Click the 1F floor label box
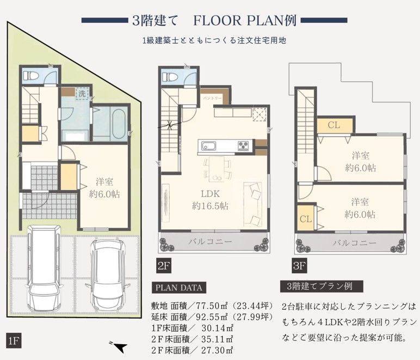(x=14, y=341)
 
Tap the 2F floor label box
(x=164, y=266)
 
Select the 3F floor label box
(x=299, y=266)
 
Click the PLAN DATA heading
(x=179, y=288)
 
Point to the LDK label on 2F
(x=210, y=193)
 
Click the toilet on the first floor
(x=30, y=75)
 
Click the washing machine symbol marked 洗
(x=82, y=94)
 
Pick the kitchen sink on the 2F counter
(x=209, y=146)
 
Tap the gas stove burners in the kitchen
(x=243, y=146)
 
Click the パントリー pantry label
(x=212, y=98)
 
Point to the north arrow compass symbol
(x=118, y=346)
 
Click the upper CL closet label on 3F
(x=333, y=125)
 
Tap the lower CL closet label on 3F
(x=306, y=219)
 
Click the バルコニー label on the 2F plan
(x=210, y=242)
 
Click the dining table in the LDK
(x=217, y=169)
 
